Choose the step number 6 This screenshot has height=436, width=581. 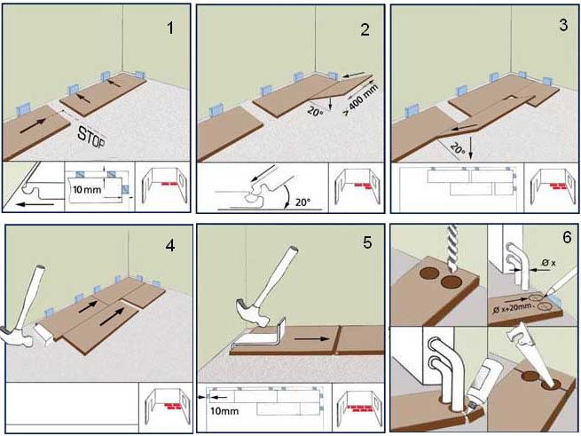(564, 240)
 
